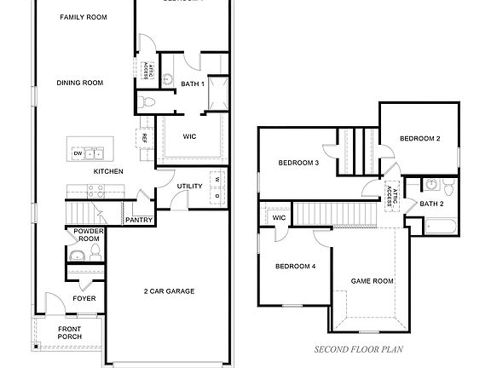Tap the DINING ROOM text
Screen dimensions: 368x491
tap(79, 83)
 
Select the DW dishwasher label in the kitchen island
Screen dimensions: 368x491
tap(78, 153)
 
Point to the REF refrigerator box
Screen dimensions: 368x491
tap(145, 138)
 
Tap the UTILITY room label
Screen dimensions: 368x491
tap(189, 186)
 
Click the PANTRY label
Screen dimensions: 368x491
tap(139, 220)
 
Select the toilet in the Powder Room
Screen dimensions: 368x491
tap(73, 253)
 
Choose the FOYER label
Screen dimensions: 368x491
tap(84, 298)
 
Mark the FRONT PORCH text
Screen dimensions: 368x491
tap(70, 333)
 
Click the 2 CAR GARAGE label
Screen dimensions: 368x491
tap(169, 291)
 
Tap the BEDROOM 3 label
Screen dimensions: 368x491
tap(298, 163)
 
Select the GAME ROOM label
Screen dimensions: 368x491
tap(373, 280)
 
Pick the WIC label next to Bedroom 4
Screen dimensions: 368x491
tap(279, 218)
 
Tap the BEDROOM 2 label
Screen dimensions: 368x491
tap(419, 138)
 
